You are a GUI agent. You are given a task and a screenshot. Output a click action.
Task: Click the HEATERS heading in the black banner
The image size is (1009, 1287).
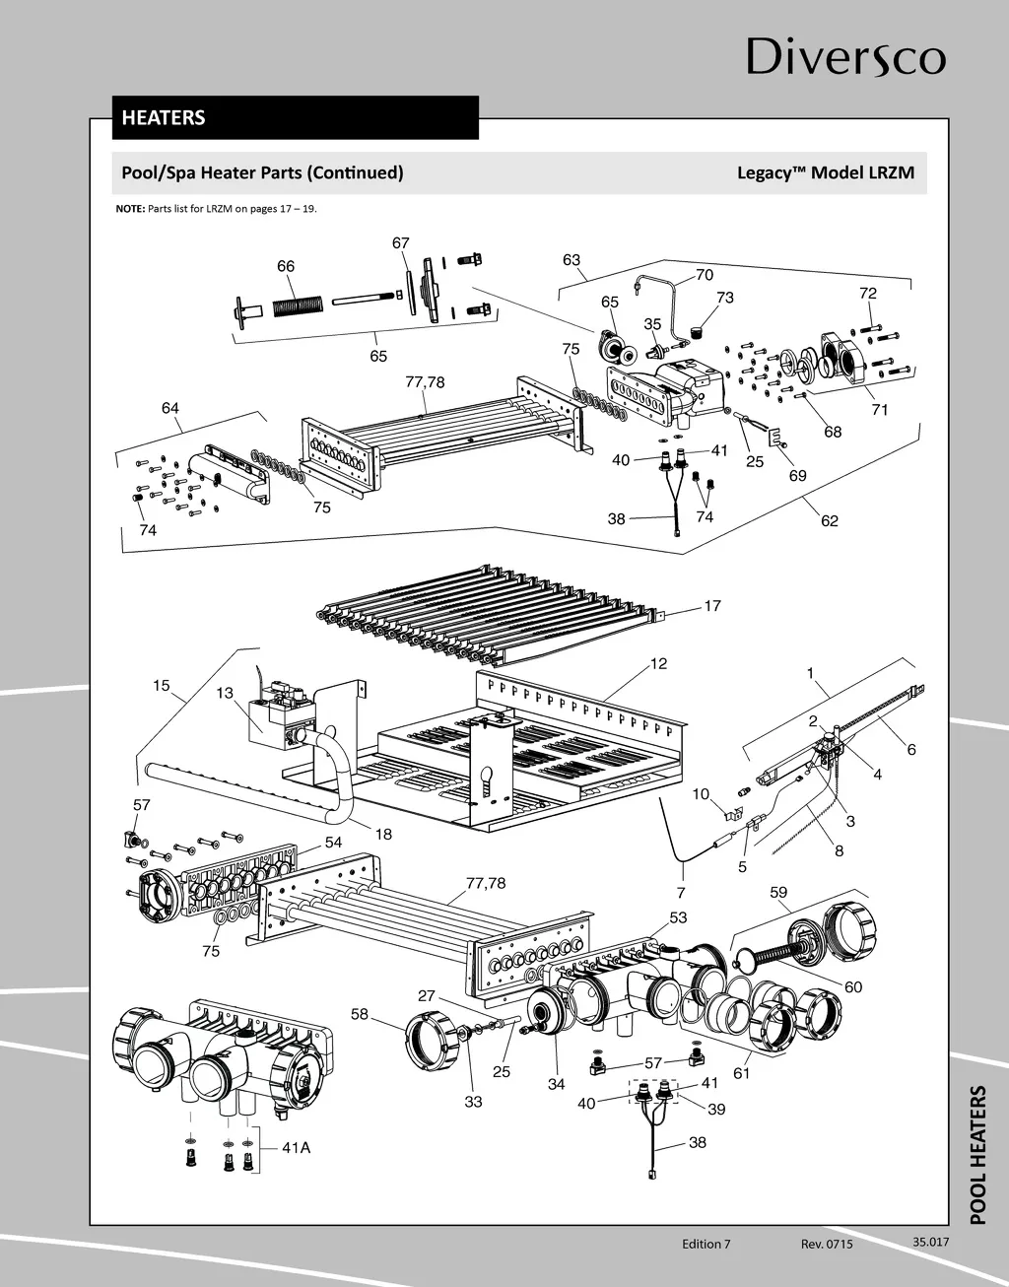tap(164, 117)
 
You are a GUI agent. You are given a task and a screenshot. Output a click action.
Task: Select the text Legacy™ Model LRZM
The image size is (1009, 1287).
tap(825, 172)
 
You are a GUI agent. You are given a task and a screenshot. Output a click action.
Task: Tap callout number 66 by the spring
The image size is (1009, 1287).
tap(286, 266)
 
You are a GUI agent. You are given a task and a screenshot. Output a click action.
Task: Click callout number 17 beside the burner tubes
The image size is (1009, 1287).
tap(712, 606)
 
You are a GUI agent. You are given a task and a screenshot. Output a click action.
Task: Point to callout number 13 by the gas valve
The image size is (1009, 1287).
tap(226, 693)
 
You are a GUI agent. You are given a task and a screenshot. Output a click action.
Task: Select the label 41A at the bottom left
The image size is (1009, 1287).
tap(296, 1147)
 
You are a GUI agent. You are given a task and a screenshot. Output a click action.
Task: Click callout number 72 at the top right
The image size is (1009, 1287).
tap(867, 293)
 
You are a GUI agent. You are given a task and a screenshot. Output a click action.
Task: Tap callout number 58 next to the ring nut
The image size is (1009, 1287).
tap(360, 1014)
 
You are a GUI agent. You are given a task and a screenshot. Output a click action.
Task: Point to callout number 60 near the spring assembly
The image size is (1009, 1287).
tap(853, 987)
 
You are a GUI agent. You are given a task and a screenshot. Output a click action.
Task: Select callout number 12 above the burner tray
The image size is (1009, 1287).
tap(658, 663)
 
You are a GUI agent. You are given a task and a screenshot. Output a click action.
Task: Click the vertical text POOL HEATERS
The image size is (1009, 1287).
tap(977, 1155)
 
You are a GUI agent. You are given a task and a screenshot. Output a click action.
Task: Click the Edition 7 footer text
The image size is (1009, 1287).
tap(706, 1244)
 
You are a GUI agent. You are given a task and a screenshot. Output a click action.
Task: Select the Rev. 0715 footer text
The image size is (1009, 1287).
tap(827, 1244)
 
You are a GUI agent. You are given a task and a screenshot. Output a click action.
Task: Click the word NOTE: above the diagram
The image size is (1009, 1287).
tap(130, 209)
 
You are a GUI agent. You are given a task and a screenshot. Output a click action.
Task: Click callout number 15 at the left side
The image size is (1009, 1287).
tap(162, 686)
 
